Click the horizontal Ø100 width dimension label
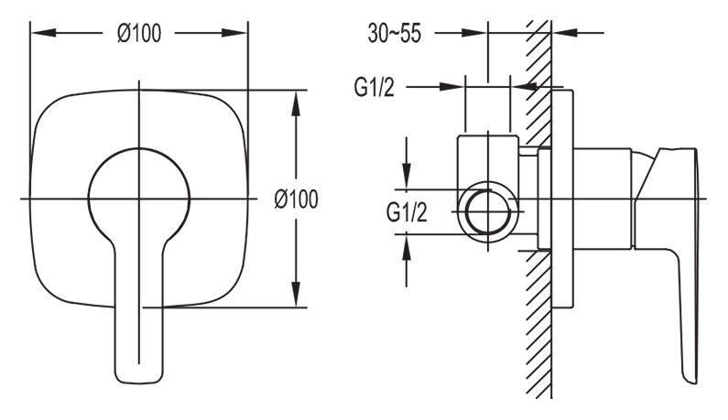pyautogui.click(x=139, y=34)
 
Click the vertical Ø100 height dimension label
pyautogui.click(x=296, y=199)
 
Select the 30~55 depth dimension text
pyautogui.click(x=395, y=34)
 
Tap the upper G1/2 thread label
pyautogui.click(x=375, y=87)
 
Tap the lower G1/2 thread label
pyautogui.click(x=407, y=212)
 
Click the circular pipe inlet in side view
pyautogui.click(x=488, y=212)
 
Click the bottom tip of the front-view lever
pyautogui.click(x=139, y=383)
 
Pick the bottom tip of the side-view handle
pyautogui.click(x=690, y=382)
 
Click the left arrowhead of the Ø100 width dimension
pyautogui.click(x=43, y=33)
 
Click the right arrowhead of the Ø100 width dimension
pyautogui.click(x=234, y=33)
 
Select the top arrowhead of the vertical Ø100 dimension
pyautogui.click(x=296, y=102)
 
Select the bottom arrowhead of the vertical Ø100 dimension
pyautogui.click(x=296, y=294)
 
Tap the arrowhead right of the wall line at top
pyautogui.click(x=565, y=33)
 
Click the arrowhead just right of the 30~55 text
pyautogui.click(x=474, y=33)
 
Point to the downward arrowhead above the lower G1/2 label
pyautogui.click(x=407, y=177)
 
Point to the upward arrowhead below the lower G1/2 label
pyautogui.click(x=407, y=247)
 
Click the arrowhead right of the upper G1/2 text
pyautogui.click(x=451, y=87)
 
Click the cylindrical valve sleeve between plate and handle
pyautogui.click(x=603, y=199)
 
